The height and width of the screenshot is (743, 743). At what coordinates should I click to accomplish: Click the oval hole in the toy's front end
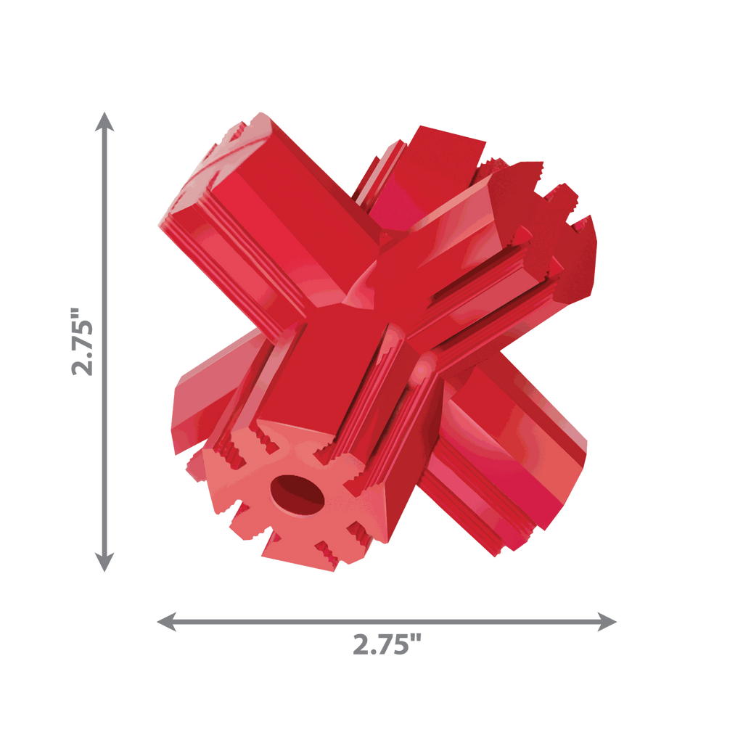click(x=297, y=495)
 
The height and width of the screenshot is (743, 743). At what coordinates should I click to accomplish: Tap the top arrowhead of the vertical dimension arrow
click(x=104, y=121)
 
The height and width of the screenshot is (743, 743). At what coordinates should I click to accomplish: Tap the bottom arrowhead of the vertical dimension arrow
click(x=104, y=562)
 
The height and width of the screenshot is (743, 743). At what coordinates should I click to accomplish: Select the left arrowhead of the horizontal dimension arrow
click(x=166, y=621)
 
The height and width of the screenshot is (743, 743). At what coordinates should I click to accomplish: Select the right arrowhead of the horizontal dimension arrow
click(x=607, y=621)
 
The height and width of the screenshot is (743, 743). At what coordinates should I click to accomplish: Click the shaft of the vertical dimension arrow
click(x=104, y=342)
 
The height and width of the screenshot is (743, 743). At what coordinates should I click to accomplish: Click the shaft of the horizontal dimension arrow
click(x=387, y=621)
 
